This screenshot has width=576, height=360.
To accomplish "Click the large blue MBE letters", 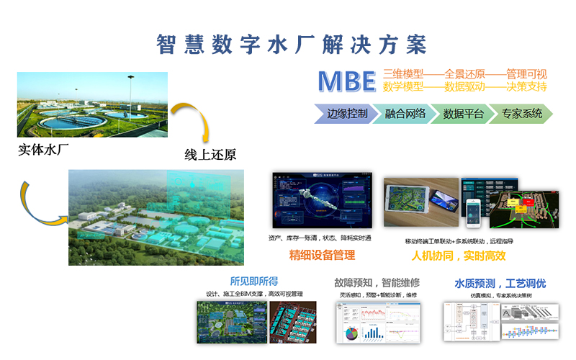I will (347, 81).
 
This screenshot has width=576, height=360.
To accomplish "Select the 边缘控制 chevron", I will (344, 114).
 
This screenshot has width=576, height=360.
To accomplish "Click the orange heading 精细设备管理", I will (322, 256).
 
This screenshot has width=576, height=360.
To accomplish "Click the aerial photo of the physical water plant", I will (92, 104).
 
